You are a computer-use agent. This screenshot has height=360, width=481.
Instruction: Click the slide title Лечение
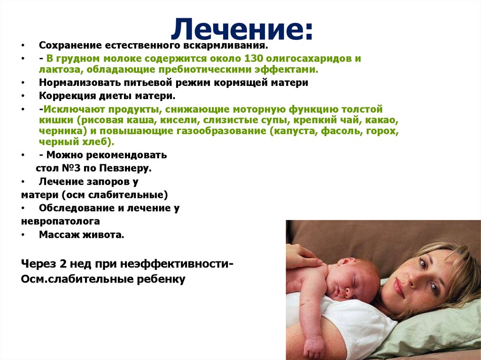pos(242,30)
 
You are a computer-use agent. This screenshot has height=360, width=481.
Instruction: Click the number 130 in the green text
pos(253,58)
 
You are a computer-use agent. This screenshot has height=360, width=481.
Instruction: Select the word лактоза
pos(60,69)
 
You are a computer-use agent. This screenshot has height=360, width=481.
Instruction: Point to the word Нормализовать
pos(80,83)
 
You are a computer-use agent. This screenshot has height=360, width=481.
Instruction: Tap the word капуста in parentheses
pos(293,131)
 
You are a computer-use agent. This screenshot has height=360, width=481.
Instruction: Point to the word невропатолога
pos(61,222)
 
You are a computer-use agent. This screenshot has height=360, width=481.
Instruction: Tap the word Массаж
pos(57,235)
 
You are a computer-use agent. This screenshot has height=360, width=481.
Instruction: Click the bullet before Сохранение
pos(23,46)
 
